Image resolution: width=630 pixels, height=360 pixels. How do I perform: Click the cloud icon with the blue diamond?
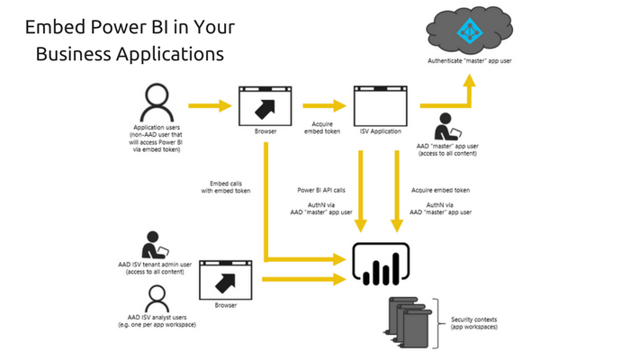469,30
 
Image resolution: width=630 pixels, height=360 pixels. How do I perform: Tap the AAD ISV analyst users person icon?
156,297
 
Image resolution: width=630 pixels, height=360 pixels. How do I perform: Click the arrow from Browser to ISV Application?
322,106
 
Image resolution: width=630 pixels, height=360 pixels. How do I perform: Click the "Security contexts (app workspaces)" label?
474,324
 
